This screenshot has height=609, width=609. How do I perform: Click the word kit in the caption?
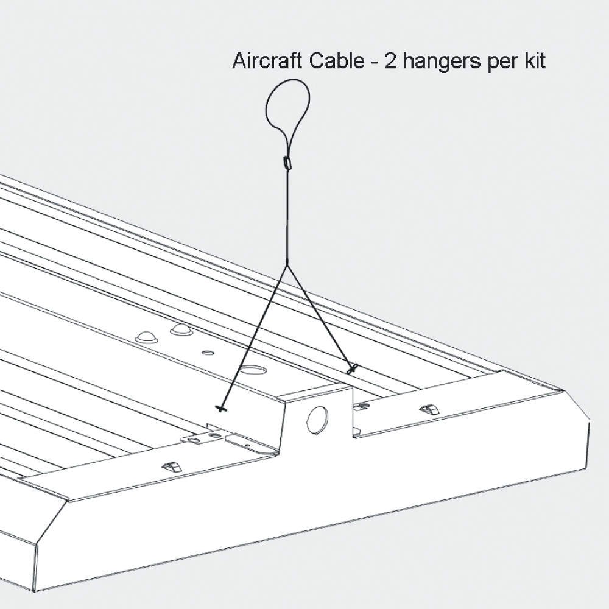click(x=532, y=62)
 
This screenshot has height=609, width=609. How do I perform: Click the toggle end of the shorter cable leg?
click(x=351, y=368)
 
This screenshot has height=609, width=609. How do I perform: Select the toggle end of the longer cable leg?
click(x=220, y=408)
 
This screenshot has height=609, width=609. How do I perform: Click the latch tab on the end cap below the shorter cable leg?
click(x=430, y=408)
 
